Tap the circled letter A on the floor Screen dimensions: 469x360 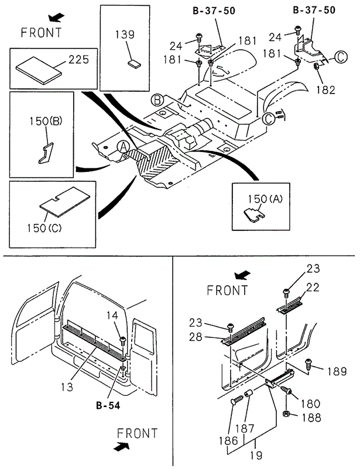click(x=123, y=147)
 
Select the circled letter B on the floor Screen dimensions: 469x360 click(x=156, y=100)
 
